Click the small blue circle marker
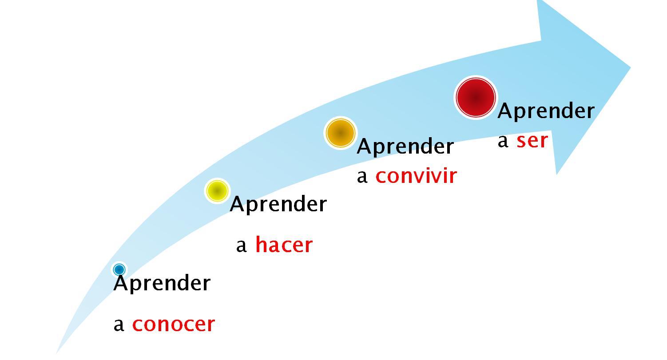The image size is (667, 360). click(x=119, y=269)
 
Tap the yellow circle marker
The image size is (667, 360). click(x=217, y=190)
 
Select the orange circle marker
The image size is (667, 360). click(x=341, y=133)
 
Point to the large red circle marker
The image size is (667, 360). click(x=476, y=98)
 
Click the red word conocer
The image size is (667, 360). click(x=173, y=324)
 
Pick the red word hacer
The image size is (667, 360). click(x=284, y=245)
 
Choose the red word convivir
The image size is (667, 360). click(x=416, y=176)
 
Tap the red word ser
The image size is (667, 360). click(x=532, y=140)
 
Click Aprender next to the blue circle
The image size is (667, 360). click(x=162, y=283)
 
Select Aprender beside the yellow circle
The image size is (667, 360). click(x=278, y=204)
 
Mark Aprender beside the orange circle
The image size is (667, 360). click(x=405, y=146)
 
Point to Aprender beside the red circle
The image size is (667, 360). click(x=546, y=111)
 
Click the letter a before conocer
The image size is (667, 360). click(x=119, y=325)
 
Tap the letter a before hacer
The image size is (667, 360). click(x=241, y=245)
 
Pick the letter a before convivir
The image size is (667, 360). click(x=362, y=177)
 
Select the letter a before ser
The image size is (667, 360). click(x=503, y=141)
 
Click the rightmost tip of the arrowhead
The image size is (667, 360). click(x=630, y=68)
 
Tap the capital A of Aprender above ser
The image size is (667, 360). click(x=505, y=111)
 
